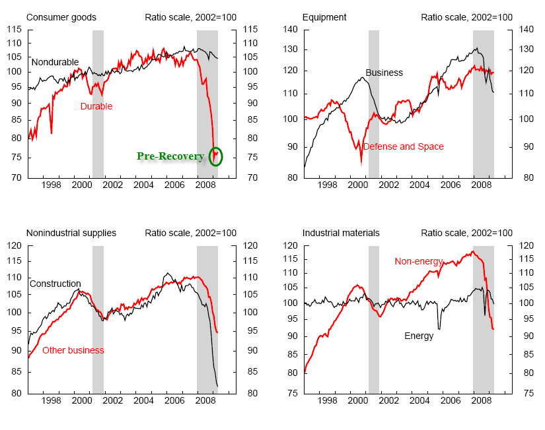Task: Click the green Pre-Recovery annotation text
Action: [170, 156]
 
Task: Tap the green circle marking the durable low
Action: [215, 156]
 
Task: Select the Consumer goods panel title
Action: [61, 17]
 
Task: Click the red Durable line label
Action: [96, 106]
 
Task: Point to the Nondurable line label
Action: [55, 61]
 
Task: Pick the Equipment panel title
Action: [325, 17]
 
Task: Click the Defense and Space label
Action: [403, 146]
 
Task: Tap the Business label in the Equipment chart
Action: [384, 73]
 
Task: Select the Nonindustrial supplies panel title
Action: [71, 233]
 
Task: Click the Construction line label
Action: [55, 284]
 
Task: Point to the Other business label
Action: [73, 350]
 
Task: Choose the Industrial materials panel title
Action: [341, 233]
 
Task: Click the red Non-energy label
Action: [418, 261]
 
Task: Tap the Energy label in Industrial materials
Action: [419, 336]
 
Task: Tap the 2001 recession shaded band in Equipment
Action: [374, 104]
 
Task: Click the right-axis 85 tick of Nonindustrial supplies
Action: [250, 372]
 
